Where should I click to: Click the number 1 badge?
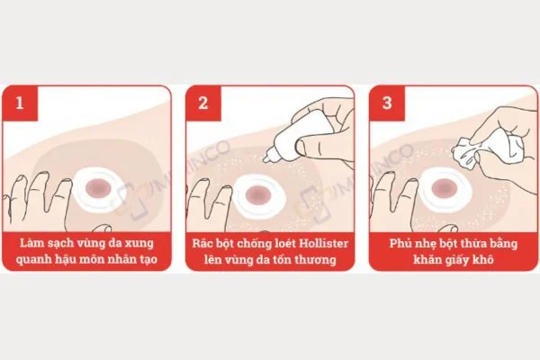[20, 103]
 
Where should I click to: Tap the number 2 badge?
[203, 103]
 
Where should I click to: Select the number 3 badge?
[387, 103]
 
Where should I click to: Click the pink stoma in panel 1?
[98, 188]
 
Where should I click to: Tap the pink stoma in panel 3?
[445, 188]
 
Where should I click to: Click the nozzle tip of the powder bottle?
[265, 159]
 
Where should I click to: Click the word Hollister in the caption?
[323, 243]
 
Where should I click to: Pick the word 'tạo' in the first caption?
[148, 258]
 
